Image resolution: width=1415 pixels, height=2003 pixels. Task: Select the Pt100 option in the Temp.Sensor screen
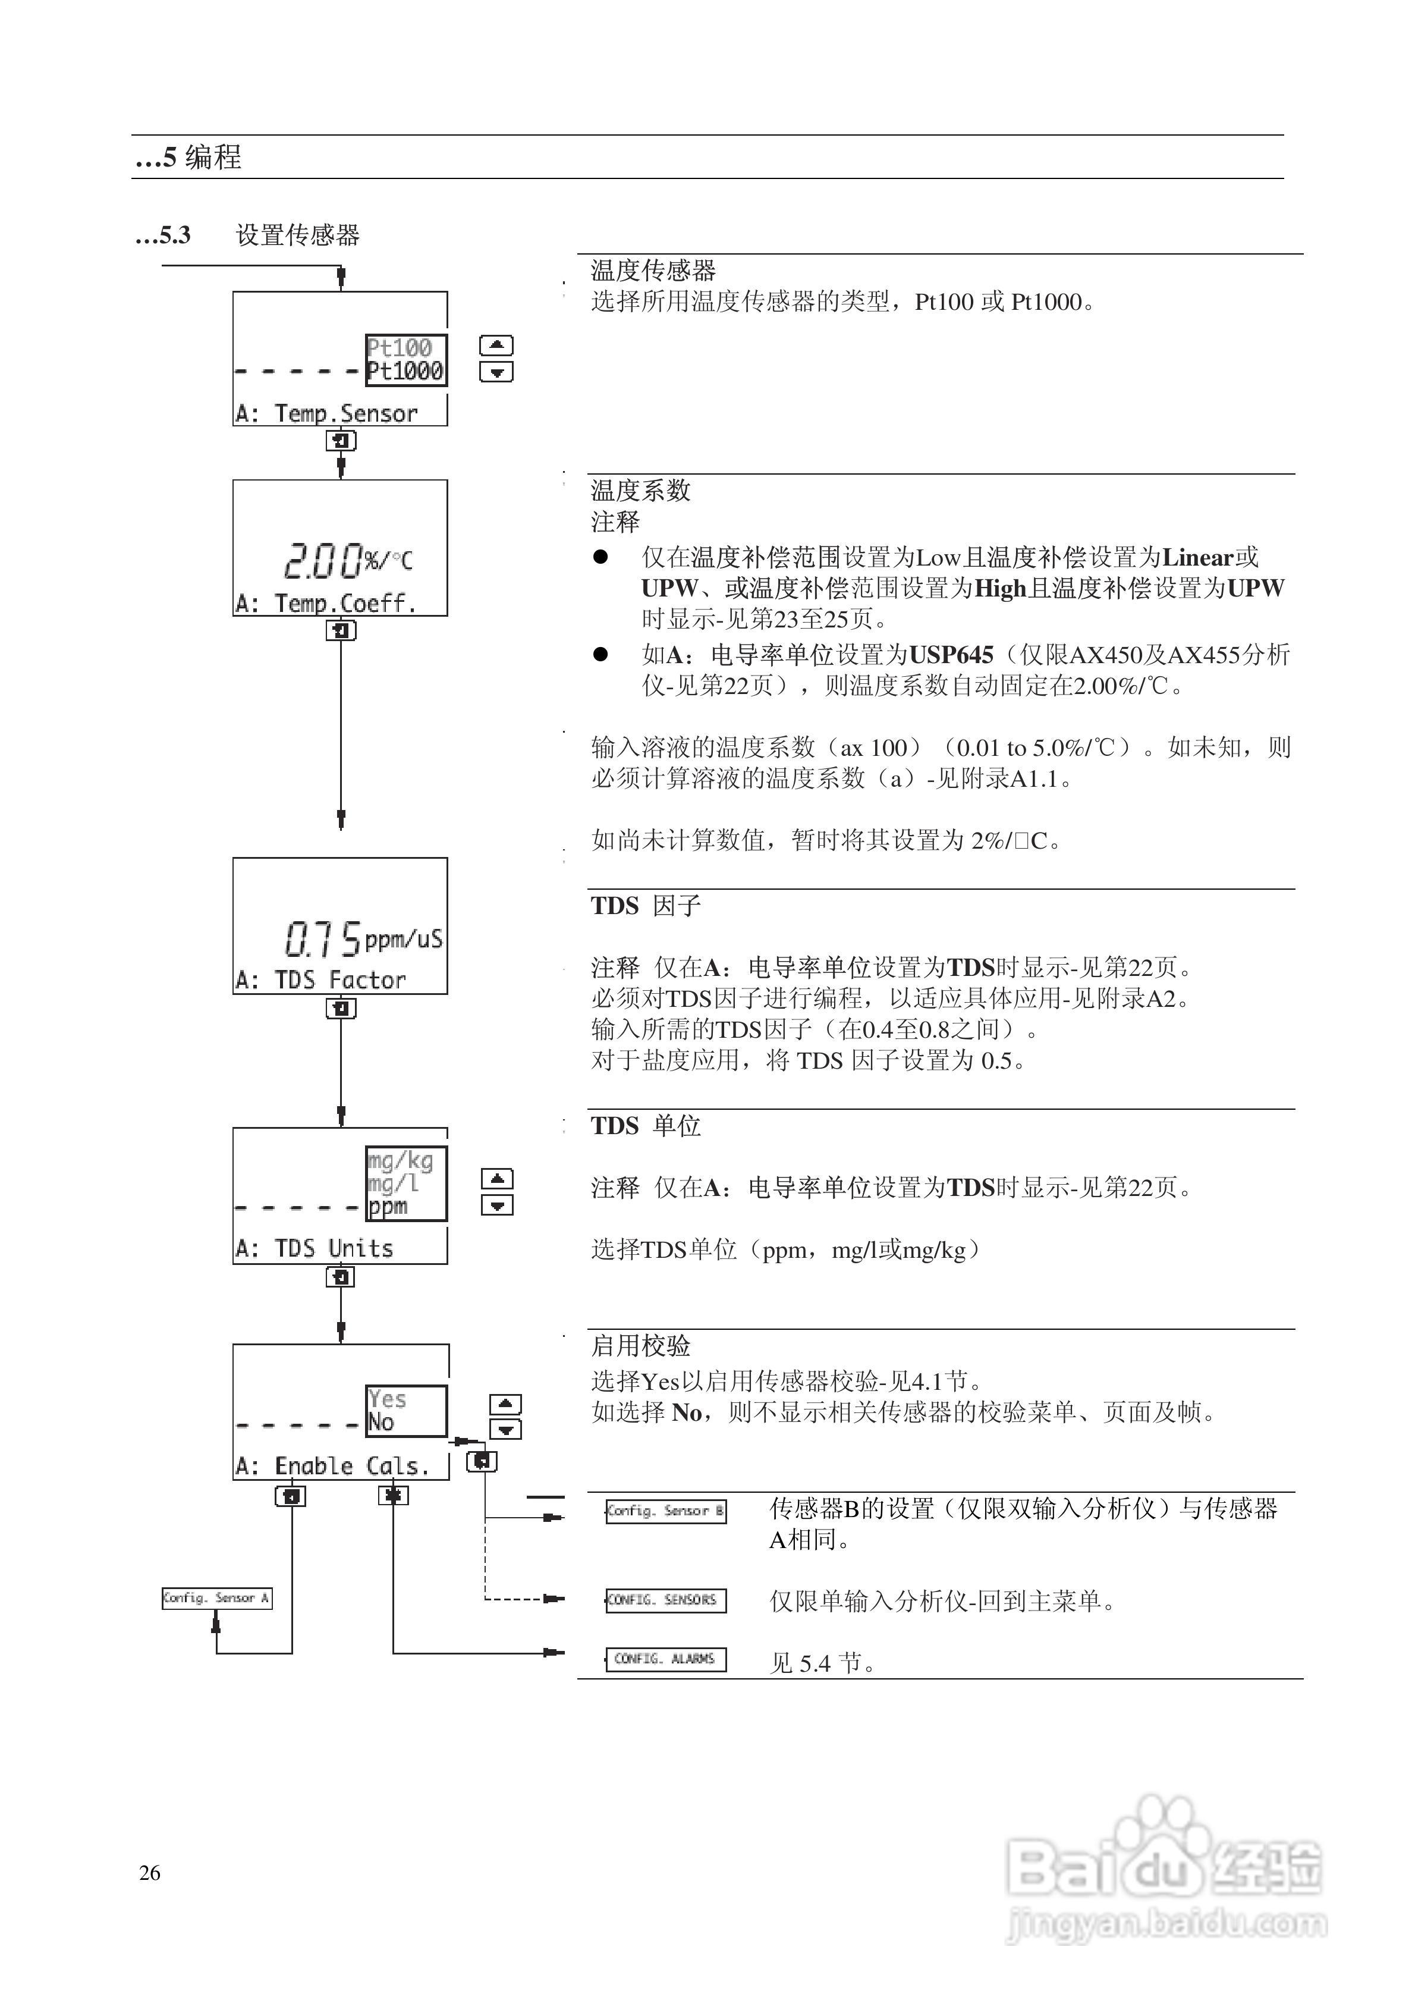(x=400, y=347)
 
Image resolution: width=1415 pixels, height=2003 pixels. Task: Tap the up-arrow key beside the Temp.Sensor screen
(x=496, y=346)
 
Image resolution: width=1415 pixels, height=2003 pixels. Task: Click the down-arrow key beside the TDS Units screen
(x=497, y=1205)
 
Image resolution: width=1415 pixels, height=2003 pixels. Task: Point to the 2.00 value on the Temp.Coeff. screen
(x=323, y=560)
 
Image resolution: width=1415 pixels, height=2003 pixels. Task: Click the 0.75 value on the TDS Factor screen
(x=323, y=938)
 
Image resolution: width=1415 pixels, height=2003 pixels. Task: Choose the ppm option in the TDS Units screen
(x=388, y=1207)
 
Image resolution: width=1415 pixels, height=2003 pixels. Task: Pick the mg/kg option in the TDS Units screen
(x=401, y=1160)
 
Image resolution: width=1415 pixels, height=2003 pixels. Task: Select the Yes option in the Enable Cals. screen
(x=387, y=1399)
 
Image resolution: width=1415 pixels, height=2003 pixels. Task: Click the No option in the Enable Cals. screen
(x=381, y=1423)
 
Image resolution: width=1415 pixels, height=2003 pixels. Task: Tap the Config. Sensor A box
(x=216, y=1598)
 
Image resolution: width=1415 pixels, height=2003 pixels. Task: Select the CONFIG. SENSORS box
(x=666, y=1600)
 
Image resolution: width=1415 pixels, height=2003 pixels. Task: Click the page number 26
(x=149, y=1873)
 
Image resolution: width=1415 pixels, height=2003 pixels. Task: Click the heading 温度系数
(x=640, y=490)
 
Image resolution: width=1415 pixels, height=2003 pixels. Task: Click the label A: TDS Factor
(x=321, y=981)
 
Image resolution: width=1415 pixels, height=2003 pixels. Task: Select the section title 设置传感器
(x=297, y=236)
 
